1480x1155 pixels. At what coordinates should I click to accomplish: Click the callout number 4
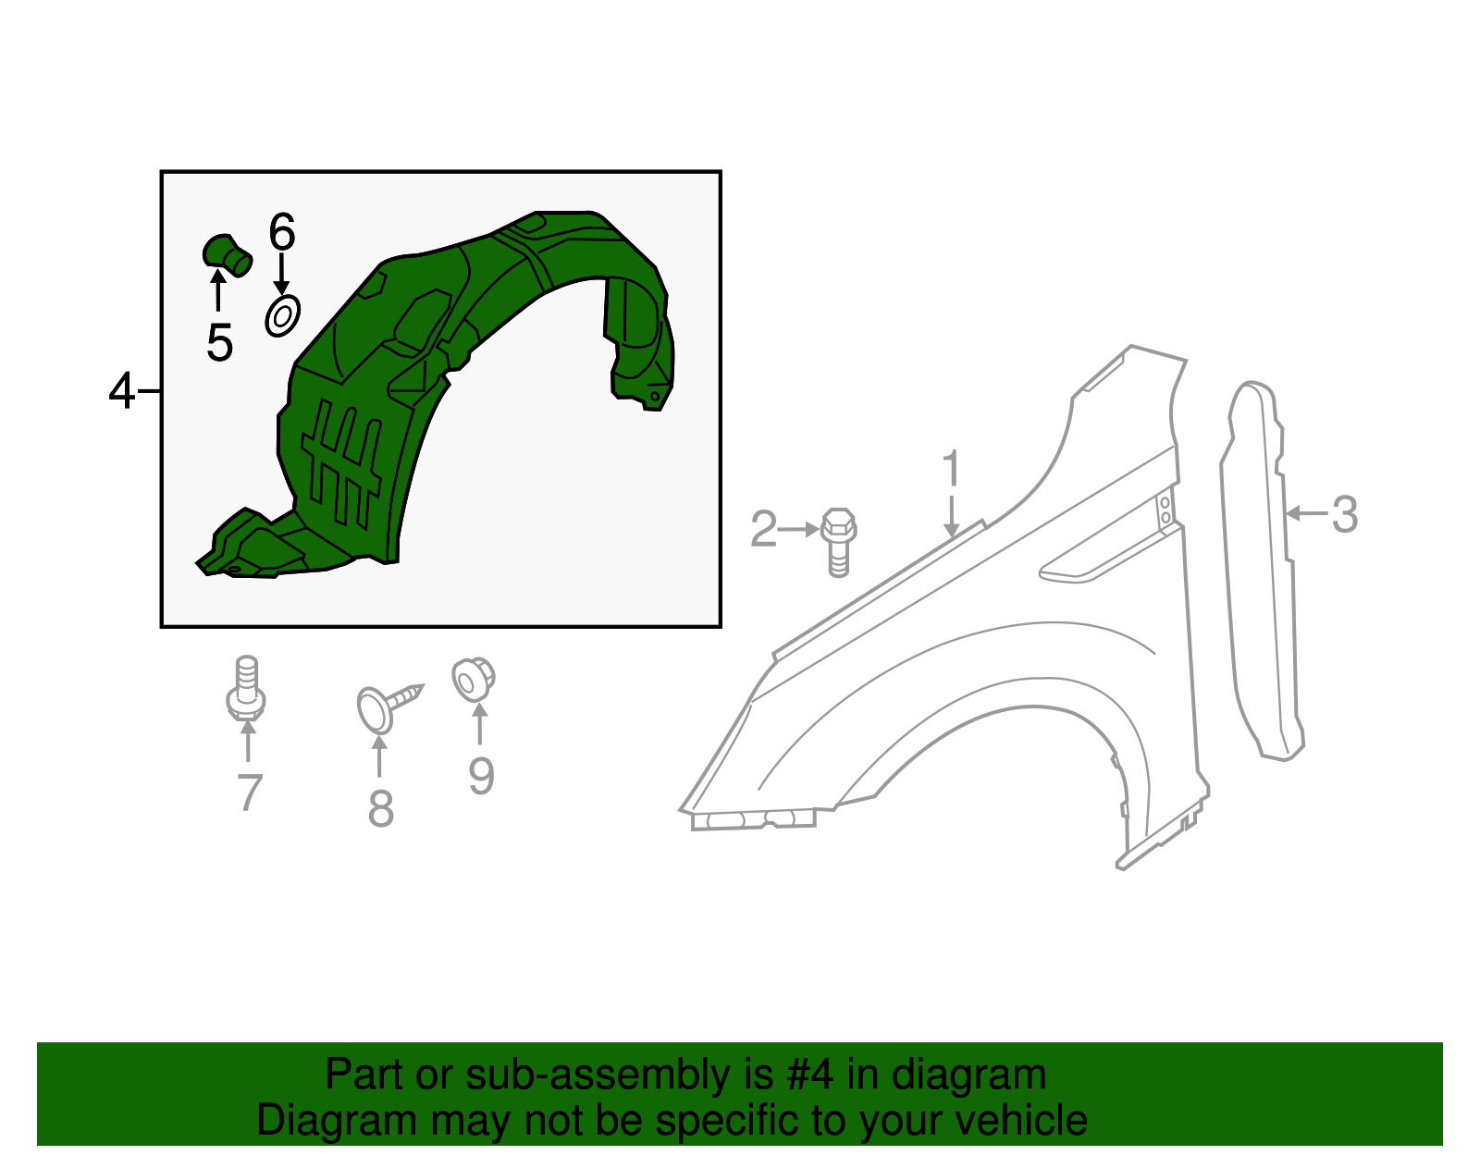121,391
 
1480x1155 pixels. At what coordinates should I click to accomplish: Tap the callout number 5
219,343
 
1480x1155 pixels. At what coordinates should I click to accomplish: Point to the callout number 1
952,469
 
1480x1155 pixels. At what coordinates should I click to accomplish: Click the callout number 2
763,530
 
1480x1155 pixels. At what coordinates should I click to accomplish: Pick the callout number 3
1345,514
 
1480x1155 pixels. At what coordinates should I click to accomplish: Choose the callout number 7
249,793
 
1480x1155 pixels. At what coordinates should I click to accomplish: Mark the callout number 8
380,808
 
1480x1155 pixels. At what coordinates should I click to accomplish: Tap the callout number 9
481,775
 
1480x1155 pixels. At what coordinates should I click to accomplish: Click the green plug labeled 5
227,253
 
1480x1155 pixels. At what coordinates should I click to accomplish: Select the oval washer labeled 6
282,316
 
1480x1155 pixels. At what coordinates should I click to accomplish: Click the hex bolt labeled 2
838,541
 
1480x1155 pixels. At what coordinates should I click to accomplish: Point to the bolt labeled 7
246,688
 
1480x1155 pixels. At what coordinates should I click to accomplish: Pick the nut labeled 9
473,680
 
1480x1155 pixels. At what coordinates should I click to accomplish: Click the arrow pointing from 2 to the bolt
797,530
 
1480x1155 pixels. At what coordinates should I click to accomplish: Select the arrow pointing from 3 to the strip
1306,513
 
